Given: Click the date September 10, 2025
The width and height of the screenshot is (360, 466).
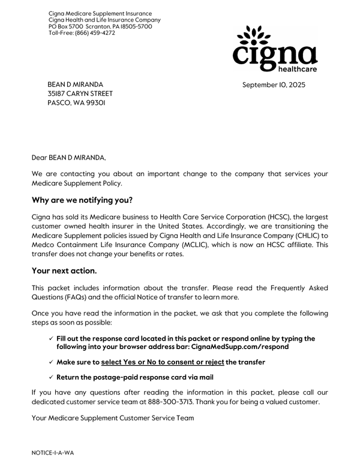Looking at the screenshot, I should [274, 85].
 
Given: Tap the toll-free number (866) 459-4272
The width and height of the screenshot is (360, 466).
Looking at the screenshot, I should [95, 33].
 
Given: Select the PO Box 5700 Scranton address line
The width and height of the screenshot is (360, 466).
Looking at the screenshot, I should [100, 26].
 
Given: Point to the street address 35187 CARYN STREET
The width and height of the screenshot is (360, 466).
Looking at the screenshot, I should [80, 94].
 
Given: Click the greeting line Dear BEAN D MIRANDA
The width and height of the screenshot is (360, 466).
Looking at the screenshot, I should [68, 158].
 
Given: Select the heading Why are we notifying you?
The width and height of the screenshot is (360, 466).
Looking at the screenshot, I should [82, 200].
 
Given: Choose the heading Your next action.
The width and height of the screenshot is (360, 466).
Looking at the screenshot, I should [64, 270].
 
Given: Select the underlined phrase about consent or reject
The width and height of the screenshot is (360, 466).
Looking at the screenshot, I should [163, 362].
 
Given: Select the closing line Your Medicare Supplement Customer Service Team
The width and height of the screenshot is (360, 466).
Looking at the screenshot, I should [113, 418].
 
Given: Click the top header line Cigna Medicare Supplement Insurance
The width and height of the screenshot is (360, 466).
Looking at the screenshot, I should [100, 13].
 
